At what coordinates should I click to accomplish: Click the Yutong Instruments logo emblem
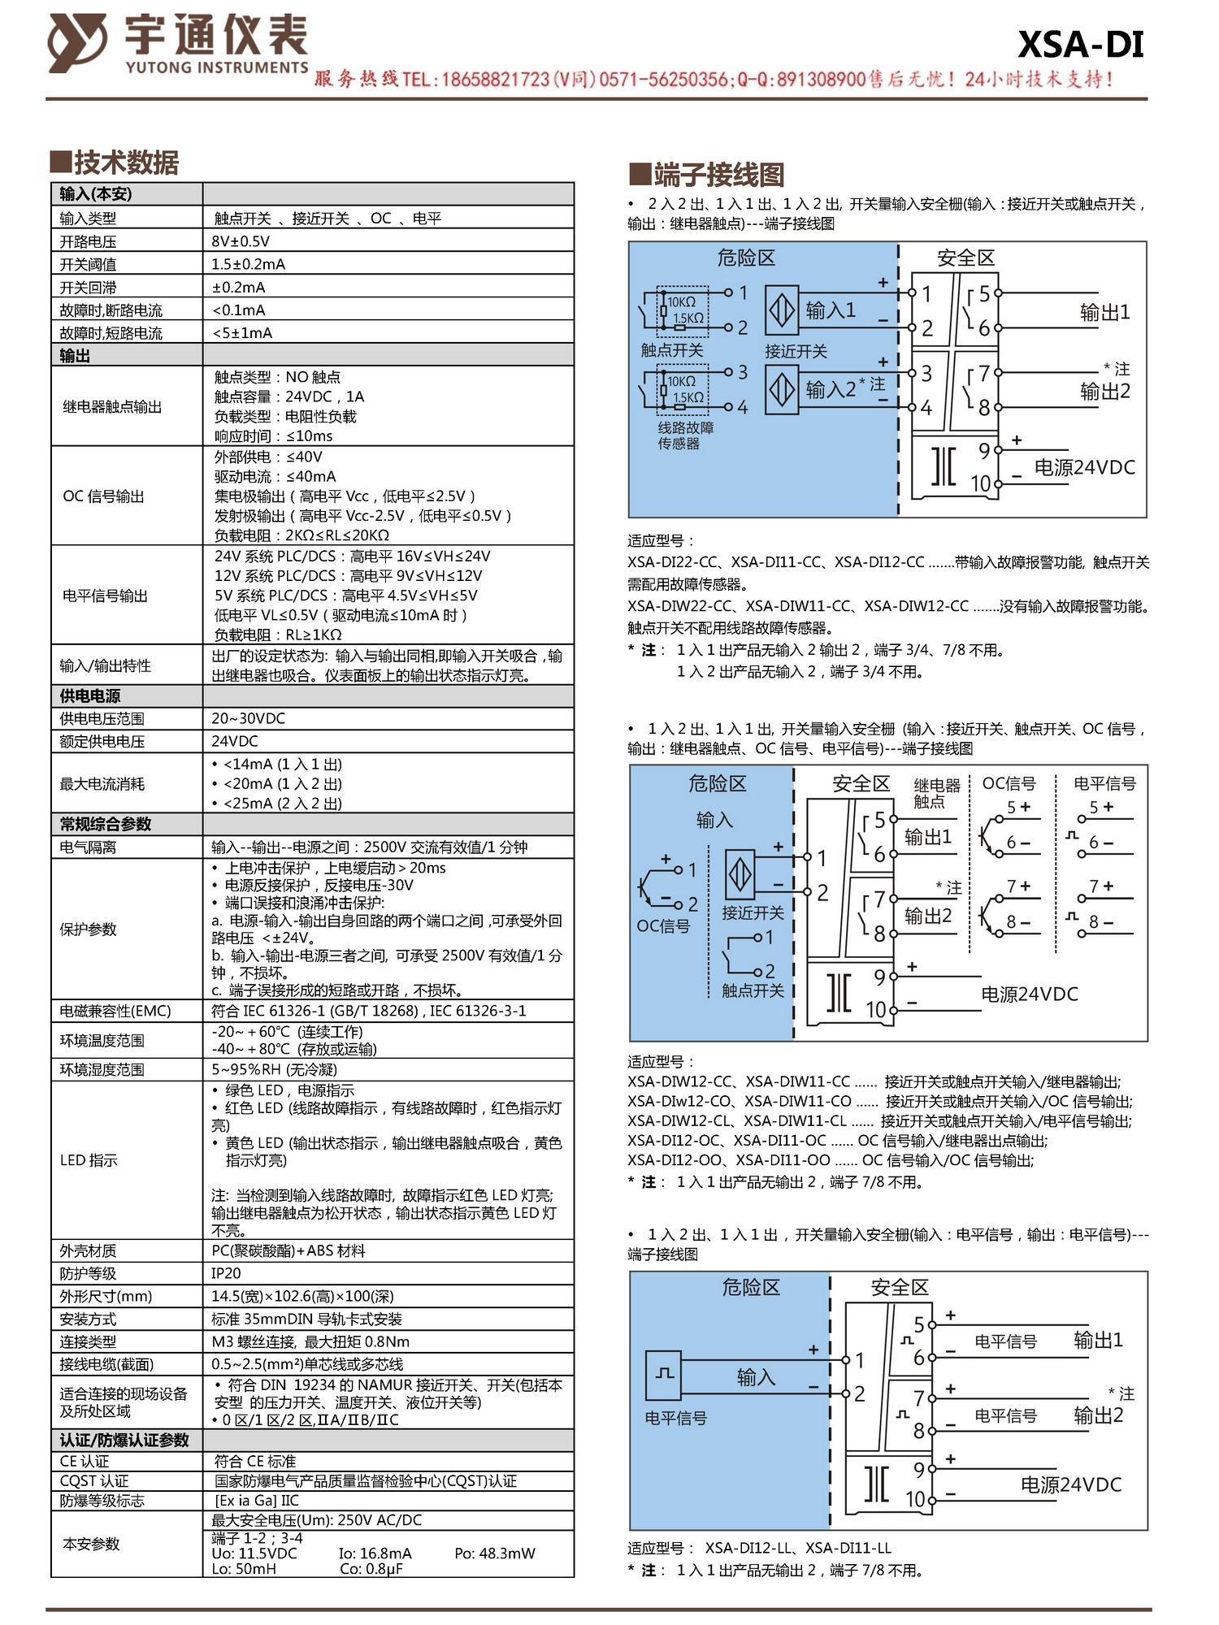coord(76,42)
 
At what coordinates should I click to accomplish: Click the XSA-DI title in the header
coord(1080,44)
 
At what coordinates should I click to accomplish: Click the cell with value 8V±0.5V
coord(241,241)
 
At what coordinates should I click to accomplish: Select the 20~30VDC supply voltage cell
coord(248,718)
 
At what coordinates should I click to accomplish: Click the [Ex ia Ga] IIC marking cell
coord(257,1500)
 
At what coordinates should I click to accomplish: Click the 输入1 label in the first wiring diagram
coord(830,310)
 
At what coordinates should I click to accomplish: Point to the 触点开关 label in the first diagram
coord(672,350)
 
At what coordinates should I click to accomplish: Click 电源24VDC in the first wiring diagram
coord(1084,467)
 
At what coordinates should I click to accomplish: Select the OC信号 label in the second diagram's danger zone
coord(663,925)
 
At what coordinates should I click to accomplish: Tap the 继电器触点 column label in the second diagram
coord(936,793)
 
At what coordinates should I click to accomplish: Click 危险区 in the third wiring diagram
coord(750,1287)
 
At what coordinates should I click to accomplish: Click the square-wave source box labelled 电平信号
coord(665,1373)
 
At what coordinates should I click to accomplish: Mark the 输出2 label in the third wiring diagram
coord(1098,1415)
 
